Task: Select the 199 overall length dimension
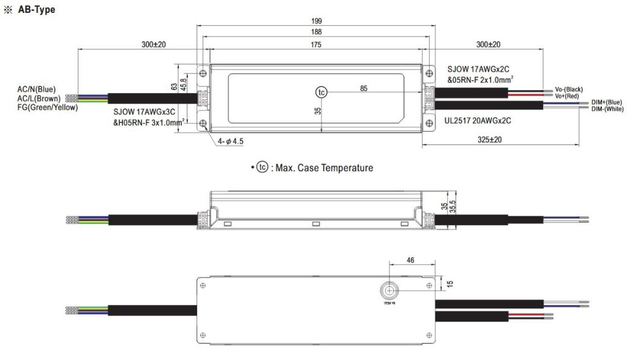(316, 20)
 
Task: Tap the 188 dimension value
(316, 32)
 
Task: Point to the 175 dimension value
(316, 44)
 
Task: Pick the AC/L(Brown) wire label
(38, 98)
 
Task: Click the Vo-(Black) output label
(568, 89)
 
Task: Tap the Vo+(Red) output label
(567, 96)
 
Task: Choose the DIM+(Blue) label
(606, 102)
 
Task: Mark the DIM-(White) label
(607, 108)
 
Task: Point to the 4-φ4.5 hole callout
(230, 141)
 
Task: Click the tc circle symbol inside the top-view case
(321, 92)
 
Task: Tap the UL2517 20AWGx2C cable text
(478, 121)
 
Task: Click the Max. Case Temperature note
(314, 168)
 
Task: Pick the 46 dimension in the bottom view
(411, 260)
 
